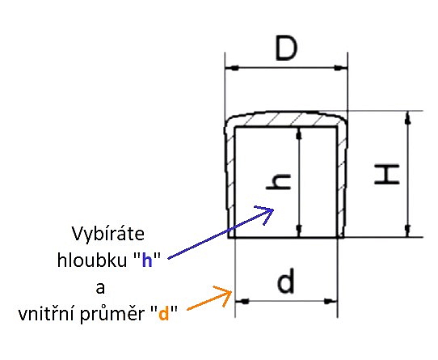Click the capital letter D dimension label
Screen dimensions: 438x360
coord(286,48)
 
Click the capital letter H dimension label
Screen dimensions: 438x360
coord(387,175)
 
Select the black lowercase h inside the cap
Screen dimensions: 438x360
coord(279,182)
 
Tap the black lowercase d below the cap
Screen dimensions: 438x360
coord(286,281)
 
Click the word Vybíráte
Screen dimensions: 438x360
coord(108,235)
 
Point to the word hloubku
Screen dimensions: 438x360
coord(92,260)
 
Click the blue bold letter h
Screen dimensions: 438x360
coord(147,260)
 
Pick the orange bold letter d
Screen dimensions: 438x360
coord(164,314)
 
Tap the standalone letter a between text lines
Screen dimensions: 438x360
coord(100,288)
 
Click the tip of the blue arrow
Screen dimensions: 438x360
coord(273,210)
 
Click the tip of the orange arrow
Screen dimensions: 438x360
coord(232,292)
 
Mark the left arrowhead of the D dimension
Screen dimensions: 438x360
coord(231,68)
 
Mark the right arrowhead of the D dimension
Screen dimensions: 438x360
coord(342,68)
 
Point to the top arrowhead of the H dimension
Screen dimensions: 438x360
coord(408,117)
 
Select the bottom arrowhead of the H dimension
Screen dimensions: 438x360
coord(408,231)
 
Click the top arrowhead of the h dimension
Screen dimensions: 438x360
coord(299,133)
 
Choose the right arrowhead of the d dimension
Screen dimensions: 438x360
coord(331,301)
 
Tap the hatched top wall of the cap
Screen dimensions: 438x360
coord(286,120)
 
